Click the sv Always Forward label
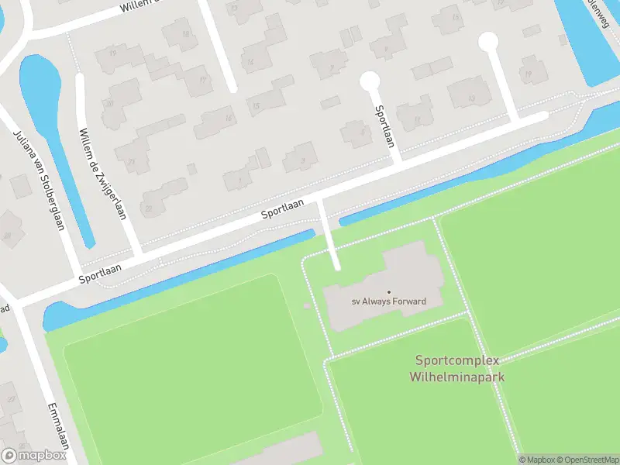(x=389, y=301)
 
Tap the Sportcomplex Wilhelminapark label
(x=460, y=369)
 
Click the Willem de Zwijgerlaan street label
(x=102, y=174)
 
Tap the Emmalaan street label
(x=59, y=425)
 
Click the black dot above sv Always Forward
(x=389, y=292)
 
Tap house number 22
(x=148, y=208)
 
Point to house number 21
(x=132, y=162)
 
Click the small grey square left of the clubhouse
(x=307, y=306)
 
